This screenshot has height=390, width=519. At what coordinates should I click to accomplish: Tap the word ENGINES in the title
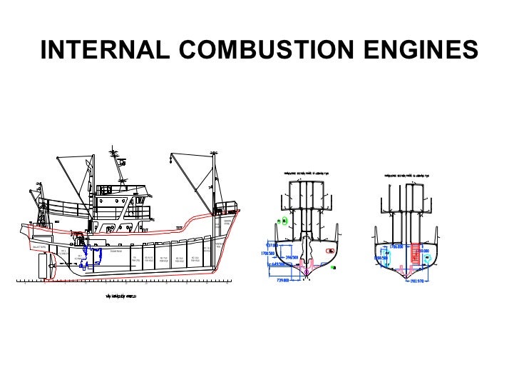(419, 51)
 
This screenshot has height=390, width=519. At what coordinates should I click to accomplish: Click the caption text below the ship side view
(120, 294)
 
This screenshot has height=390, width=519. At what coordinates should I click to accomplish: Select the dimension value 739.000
(287, 280)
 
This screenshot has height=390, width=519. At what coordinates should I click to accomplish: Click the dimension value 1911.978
(422, 281)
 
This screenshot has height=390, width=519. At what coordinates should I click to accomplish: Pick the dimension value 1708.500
(268, 253)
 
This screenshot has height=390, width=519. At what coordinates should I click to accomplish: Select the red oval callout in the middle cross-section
(331, 251)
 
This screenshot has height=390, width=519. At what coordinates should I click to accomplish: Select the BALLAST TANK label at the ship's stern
(39, 247)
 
